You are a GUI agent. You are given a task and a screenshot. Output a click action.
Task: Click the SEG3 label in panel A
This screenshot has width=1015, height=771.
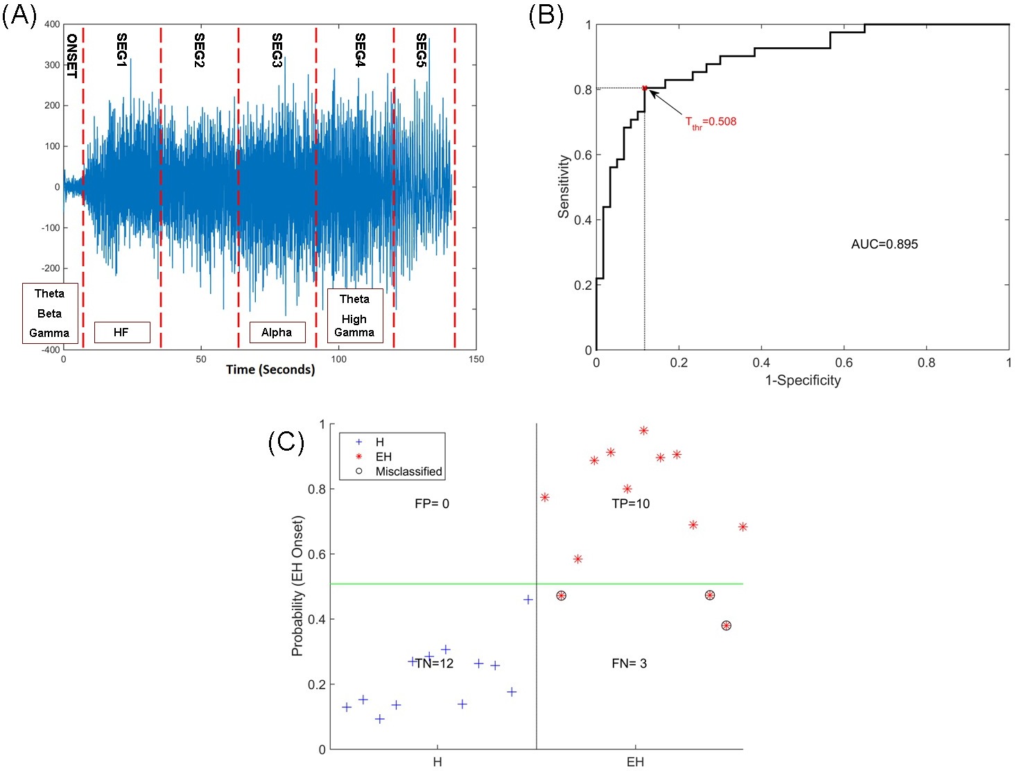click(x=277, y=50)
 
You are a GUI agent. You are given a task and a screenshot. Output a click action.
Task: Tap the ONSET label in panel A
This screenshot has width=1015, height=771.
click(x=71, y=56)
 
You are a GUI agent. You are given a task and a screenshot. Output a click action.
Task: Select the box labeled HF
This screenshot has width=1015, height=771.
click(x=121, y=333)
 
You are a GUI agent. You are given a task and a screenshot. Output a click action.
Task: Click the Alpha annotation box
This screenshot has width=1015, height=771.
click(x=277, y=333)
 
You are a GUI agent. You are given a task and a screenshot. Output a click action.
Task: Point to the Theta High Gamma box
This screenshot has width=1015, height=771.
click(x=354, y=315)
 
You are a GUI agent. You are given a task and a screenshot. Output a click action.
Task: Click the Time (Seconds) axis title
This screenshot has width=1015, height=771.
click(x=270, y=370)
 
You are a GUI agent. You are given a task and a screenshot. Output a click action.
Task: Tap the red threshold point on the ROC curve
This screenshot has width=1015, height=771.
click(x=645, y=88)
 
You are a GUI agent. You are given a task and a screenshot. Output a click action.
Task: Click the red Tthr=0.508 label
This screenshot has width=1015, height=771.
click(x=711, y=122)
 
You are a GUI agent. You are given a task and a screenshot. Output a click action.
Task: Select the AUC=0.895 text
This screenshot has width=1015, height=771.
click(x=884, y=244)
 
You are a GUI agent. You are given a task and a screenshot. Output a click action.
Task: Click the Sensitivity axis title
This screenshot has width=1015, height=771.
click(x=564, y=187)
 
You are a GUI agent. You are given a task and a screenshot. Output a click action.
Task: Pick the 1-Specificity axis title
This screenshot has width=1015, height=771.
click(x=803, y=380)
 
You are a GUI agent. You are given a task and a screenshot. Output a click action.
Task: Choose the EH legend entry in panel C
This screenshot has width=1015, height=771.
click(x=383, y=457)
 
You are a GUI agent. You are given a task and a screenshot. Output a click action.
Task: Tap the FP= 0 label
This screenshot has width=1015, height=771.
click(x=432, y=503)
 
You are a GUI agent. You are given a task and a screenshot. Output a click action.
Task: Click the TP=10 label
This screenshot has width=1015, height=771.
click(x=631, y=503)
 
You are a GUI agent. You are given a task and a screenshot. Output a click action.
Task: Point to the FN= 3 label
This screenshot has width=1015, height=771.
click(x=630, y=664)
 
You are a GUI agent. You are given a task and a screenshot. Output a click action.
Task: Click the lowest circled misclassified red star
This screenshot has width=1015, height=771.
click(x=726, y=625)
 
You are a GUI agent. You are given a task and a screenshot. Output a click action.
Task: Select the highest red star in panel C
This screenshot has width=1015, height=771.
click(x=643, y=431)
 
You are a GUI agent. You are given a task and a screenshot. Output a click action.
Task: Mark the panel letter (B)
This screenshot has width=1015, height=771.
click(x=546, y=15)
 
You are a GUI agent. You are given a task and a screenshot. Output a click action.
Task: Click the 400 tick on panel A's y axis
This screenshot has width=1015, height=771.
click(x=52, y=24)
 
